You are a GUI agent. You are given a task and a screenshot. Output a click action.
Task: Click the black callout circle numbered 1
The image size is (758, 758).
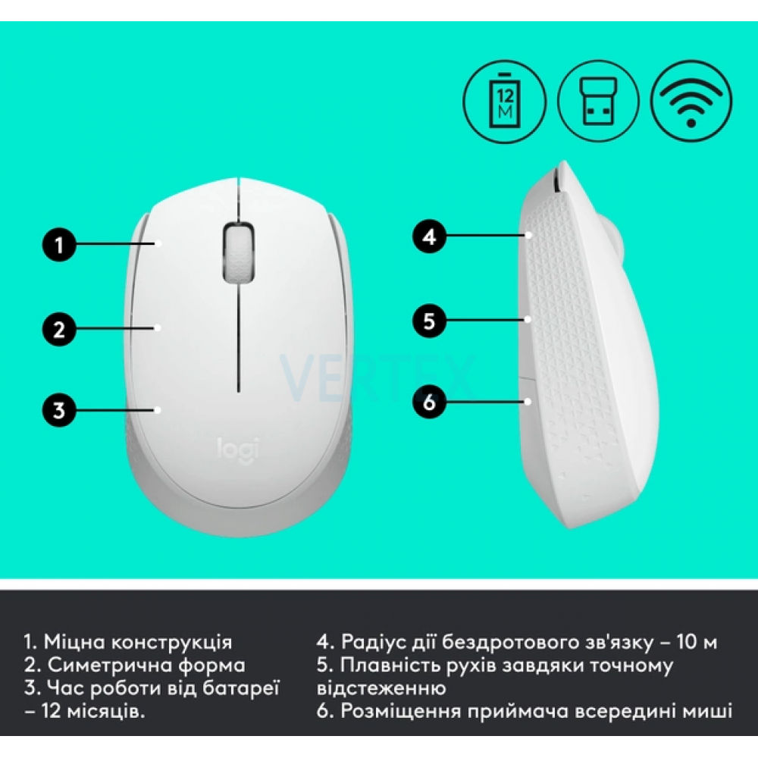(59, 244)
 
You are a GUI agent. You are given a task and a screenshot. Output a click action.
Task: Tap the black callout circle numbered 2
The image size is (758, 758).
(59, 329)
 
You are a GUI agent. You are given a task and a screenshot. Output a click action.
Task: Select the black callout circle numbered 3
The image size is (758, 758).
(59, 410)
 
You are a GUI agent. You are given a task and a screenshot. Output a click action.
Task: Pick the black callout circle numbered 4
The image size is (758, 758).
(429, 236)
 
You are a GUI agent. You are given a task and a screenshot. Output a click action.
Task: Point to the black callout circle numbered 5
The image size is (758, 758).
(429, 321)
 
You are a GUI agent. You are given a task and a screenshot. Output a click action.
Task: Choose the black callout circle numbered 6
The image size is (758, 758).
(429, 402)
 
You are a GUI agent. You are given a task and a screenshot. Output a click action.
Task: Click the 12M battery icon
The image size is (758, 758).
(505, 102)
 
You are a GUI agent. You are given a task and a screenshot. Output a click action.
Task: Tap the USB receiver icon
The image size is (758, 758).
(599, 102)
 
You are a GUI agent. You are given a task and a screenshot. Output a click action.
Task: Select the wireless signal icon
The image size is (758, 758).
(691, 102)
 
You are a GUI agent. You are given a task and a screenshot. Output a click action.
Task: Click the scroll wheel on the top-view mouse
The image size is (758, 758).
(238, 252)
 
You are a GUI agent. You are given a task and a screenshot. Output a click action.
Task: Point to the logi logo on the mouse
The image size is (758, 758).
(238, 449)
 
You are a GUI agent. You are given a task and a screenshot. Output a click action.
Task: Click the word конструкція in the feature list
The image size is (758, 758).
(171, 643)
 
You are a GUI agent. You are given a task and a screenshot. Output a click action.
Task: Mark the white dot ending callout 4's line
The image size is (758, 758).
(529, 236)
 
